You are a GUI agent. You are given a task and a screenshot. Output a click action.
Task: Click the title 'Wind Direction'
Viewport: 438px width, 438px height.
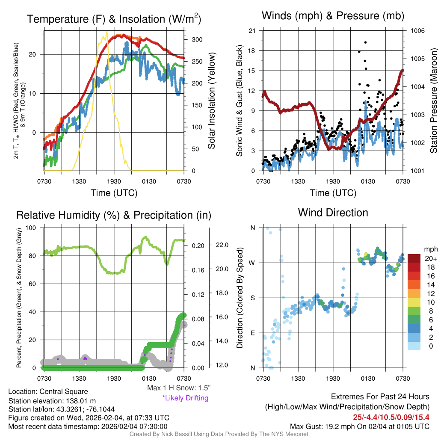333,213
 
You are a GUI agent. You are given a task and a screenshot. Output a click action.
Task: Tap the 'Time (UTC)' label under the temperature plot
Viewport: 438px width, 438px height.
114,193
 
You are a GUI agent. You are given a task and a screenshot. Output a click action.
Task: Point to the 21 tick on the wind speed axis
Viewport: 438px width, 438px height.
252,31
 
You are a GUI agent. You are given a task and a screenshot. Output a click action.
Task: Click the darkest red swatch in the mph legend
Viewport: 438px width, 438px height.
414,258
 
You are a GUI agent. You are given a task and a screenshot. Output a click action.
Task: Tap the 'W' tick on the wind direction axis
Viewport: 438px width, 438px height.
252,263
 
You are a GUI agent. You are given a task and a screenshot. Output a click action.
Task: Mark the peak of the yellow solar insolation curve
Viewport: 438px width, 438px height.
106,31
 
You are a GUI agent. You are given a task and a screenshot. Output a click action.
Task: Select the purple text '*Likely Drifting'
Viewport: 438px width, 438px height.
185,398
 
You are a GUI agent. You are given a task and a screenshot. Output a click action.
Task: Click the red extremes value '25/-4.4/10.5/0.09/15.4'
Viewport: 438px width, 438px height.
391,417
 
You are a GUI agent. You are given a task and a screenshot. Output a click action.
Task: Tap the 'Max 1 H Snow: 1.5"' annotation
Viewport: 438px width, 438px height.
178,388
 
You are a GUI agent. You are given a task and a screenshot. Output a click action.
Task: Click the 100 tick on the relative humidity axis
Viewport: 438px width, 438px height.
31,228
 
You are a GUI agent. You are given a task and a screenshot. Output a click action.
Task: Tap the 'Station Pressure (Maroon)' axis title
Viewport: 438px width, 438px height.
433,103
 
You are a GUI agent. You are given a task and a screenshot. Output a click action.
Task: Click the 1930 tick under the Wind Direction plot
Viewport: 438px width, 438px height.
333,378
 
